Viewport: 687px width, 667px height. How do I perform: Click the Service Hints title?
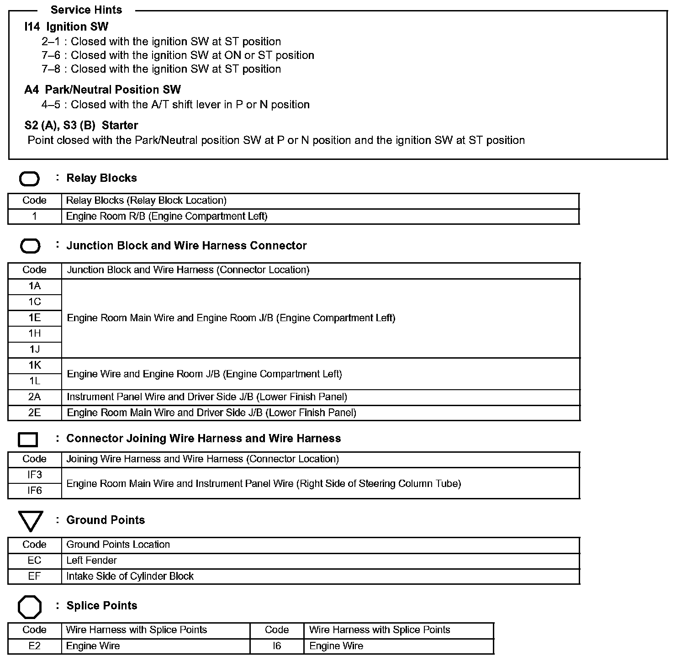[86, 10]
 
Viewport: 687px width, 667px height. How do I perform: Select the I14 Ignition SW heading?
[66, 26]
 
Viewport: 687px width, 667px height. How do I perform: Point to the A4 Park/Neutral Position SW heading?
[102, 90]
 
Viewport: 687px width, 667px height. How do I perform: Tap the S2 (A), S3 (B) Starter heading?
[81, 125]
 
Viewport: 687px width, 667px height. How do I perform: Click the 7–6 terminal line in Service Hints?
[178, 55]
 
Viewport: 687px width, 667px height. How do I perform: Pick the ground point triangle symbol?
[31, 520]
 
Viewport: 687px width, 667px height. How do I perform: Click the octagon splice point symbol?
[30, 607]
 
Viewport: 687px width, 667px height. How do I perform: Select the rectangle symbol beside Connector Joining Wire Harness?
[28, 439]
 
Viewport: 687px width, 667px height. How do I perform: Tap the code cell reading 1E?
[35, 318]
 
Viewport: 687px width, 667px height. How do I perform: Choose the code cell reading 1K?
[35, 365]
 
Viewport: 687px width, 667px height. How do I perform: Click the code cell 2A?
[35, 397]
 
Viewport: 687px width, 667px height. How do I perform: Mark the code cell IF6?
[35, 491]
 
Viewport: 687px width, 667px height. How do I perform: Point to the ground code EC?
[35, 561]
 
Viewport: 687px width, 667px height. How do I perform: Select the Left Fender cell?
[91, 561]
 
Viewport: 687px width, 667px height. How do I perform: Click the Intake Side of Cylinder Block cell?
[130, 577]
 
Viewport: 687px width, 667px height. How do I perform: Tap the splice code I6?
[277, 646]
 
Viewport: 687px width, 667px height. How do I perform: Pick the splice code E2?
[35, 646]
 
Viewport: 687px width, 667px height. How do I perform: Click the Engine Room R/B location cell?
[167, 217]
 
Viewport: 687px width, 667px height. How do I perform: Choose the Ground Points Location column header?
[118, 545]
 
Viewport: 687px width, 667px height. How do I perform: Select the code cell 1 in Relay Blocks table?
[35, 217]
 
